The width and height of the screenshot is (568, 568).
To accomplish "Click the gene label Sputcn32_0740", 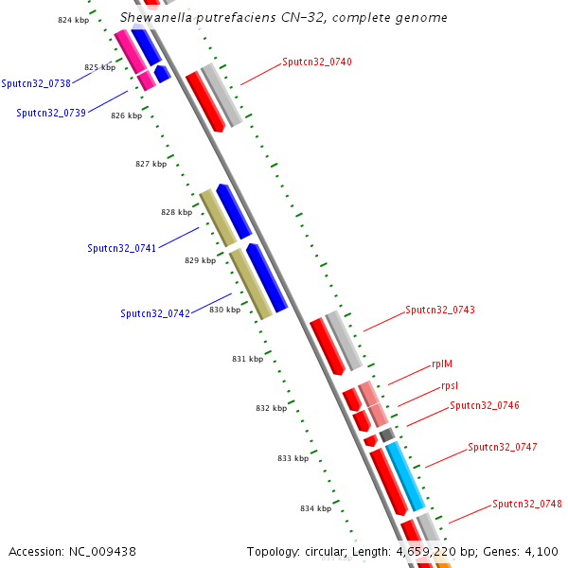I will pos(316,62).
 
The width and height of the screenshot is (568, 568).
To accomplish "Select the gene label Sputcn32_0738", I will pos(36,83).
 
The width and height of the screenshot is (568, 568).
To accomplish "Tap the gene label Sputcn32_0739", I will pos(51,113).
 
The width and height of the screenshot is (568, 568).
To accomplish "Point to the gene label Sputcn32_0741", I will pos(122,248).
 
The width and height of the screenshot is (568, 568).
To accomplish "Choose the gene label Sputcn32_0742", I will pos(155,313).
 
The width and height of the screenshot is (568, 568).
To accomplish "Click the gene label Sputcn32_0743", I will pos(440,310).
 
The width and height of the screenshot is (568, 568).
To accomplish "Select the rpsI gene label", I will pos(450,386).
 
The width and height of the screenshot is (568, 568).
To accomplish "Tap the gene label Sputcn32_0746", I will pos(484,405).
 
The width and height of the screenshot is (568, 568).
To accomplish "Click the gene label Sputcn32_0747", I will pos(502,447).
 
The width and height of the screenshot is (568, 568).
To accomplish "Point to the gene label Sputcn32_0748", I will pos(526,505).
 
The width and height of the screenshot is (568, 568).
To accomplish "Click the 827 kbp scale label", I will pos(151,164).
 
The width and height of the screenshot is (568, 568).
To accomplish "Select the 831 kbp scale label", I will pos(247,359).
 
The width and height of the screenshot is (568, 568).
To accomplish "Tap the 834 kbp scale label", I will pos(316,508).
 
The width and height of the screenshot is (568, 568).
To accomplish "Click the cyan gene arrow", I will pos(405,476).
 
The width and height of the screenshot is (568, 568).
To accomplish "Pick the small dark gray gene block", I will pos(386,435).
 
